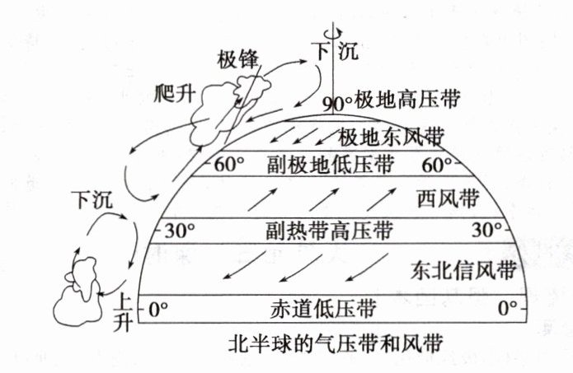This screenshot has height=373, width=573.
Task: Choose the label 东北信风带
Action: click(x=462, y=268)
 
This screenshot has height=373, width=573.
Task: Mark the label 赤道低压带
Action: click(x=322, y=310)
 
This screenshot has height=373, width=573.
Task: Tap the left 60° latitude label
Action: click(x=229, y=164)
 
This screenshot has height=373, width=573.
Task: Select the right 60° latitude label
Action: click(x=436, y=164)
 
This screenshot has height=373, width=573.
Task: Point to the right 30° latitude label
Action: click(x=486, y=228)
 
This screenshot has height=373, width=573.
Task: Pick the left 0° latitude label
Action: click(x=158, y=310)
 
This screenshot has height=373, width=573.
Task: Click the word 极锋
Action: click(x=238, y=59)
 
